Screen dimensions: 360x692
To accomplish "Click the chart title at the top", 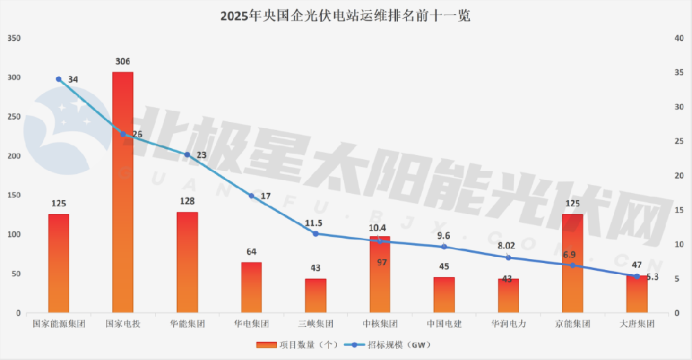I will tap(345, 15).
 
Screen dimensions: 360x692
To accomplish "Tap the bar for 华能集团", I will tap(187, 262).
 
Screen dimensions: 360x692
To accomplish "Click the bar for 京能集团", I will tap(572, 263).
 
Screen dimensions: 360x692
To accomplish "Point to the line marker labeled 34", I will tap(59, 80).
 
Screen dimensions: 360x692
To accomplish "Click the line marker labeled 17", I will tap(252, 196).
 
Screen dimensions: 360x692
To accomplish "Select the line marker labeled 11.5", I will tap(316, 234).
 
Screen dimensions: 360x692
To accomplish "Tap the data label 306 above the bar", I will tap(122, 62).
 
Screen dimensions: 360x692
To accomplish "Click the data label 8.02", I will tap(507, 244).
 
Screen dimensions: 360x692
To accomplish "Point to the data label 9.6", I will tap(444, 235).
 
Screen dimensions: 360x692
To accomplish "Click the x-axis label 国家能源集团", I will tap(59, 323).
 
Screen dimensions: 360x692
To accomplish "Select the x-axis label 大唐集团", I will tap(637, 323).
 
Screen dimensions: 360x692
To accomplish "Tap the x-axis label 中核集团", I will tap(380, 323).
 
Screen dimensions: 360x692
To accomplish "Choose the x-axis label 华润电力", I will tap(508, 323).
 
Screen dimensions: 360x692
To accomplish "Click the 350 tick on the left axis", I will tap(13, 38).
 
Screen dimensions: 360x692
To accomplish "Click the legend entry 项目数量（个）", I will tap(288, 344).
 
